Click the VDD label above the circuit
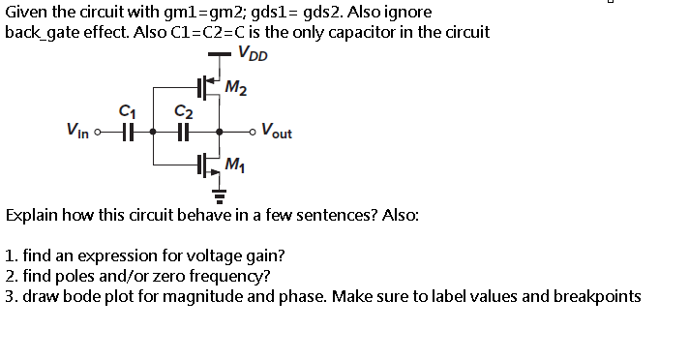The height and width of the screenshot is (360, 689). coord(254,54)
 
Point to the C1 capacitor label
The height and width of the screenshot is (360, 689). coord(123,111)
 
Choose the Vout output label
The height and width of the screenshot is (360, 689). coord(278,133)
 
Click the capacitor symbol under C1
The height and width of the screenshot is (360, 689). coord(124,133)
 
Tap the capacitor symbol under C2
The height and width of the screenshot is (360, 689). coord(181,133)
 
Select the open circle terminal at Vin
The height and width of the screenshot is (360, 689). coord(99,133)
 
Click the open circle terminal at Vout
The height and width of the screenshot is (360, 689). coord(255,133)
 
